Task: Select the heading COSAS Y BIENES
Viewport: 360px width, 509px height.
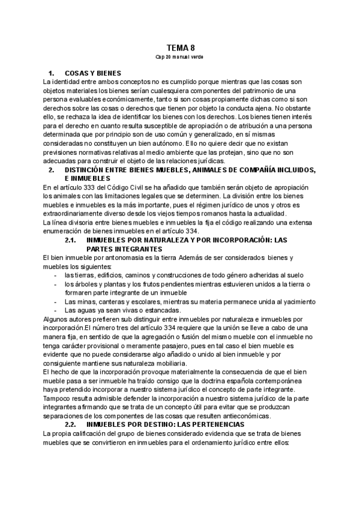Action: point(93,73)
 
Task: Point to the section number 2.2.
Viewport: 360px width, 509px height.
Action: point(70,424)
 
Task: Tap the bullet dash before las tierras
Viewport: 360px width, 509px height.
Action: point(55,275)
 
